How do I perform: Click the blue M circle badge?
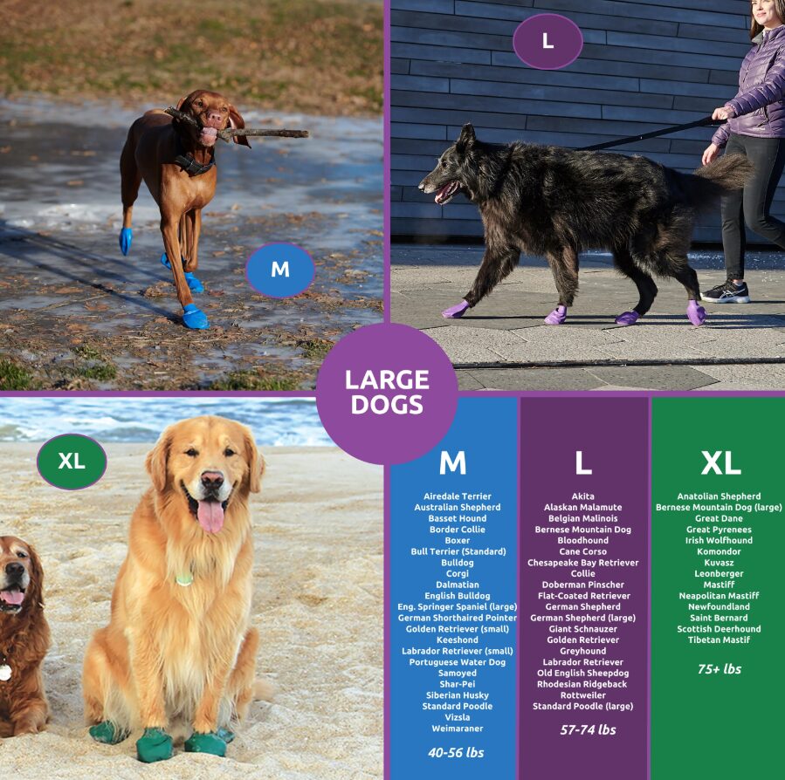tap(279, 270)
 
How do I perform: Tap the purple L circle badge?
tap(547, 41)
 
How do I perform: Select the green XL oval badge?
tap(72, 462)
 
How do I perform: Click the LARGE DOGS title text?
tap(387, 393)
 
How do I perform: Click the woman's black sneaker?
tap(726, 292)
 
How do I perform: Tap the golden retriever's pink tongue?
tap(210, 516)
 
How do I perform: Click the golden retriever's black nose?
tap(212, 479)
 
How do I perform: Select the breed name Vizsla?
tap(457, 717)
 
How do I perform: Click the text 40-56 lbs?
tap(456, 752)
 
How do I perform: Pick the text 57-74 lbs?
tap(588, 729)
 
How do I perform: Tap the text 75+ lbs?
tap(720, 669)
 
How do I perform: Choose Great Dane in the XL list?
tap(719, 518)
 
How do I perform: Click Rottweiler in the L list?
tap(582, 695)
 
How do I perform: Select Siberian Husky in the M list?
tap(457, 695)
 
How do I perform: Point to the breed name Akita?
tap(582, 496)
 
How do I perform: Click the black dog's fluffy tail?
tap(725, 171)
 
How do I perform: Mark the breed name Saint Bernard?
tap(719, 618)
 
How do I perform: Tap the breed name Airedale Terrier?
tap(457, 496)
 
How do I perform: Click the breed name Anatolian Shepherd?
tap(719, 496)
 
